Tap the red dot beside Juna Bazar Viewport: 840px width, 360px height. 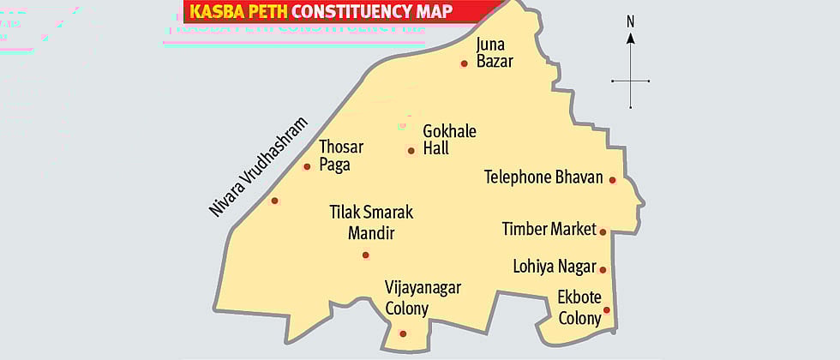[464, 63]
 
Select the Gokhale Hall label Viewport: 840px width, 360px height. [449, 140]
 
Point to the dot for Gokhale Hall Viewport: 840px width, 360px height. [411, 151]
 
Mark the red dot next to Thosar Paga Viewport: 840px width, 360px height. [307, 166]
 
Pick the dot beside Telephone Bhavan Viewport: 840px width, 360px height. [612, 180]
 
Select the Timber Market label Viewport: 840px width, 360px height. [549, 229]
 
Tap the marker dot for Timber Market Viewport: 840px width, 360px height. [603, 231]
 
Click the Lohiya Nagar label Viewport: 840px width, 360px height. [554, 267]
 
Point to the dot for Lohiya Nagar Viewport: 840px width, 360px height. [603, 269]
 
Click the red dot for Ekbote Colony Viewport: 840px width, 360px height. [606, 310]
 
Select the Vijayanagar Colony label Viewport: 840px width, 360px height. [422, 297]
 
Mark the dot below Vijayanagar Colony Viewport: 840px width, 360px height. [403, 333]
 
